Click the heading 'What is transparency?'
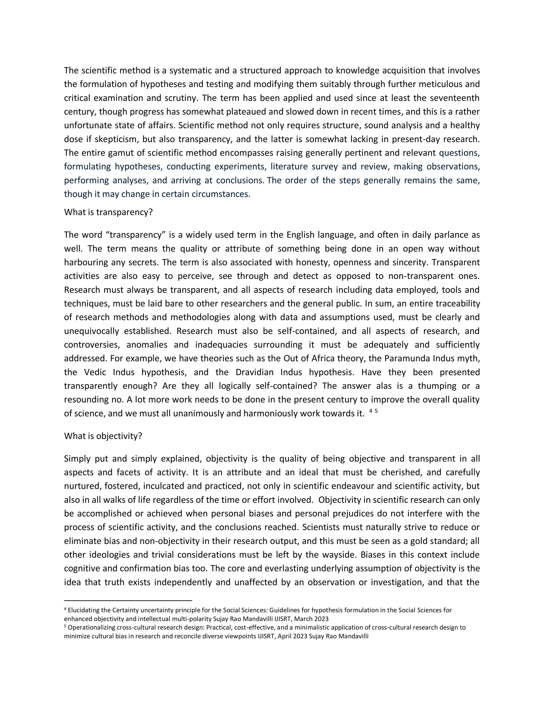pyautogui.click(x=108, y=213)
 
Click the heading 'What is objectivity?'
pyautogui.click(x=103, y=436)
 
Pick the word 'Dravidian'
pyautogui.click(x=254, y=372)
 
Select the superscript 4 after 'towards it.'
pyautogui.click(x=371, y=411)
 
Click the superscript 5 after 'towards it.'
pyautogui.click(x=376, y=411)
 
